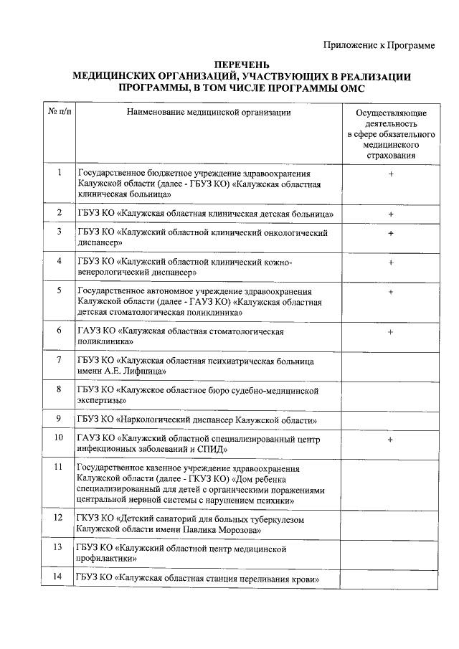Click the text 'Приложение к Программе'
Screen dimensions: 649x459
[x=379, y=45]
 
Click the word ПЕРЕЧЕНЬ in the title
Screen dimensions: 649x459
[x=242, y=66]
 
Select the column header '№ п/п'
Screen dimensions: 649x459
[x=59, y=113]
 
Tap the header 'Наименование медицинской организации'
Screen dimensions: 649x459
[x=209, y=113]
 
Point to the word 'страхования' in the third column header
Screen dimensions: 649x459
[x=391, y=156]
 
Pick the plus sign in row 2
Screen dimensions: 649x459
[x=391, y=214]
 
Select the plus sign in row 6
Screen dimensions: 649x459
[x=391, y=332]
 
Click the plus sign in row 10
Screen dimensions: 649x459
[x=391, y=439]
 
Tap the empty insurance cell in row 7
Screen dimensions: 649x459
[x=391, y=366]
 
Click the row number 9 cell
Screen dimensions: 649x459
[x=59, y=419]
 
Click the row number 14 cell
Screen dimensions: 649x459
[x=59, y=578]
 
